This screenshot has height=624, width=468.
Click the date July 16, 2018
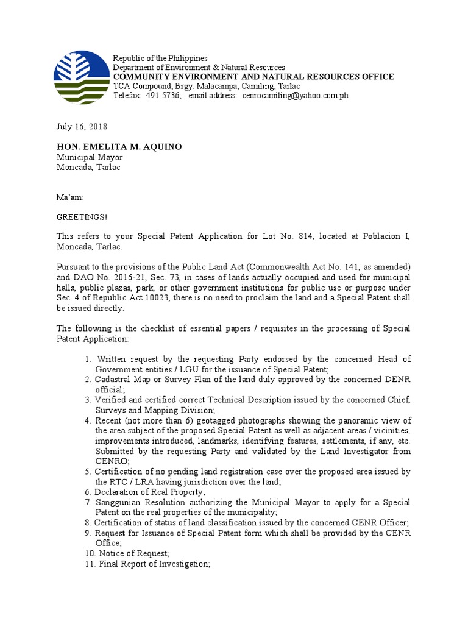[x=82, y=127]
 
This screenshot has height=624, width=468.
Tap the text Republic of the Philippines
[x=160, y=58]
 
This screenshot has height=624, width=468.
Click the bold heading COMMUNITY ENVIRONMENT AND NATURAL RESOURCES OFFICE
[x=253, y=76]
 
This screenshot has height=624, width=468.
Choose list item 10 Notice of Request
[x=131, y=553]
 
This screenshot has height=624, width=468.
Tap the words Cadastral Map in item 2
[x=122, y=379]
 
